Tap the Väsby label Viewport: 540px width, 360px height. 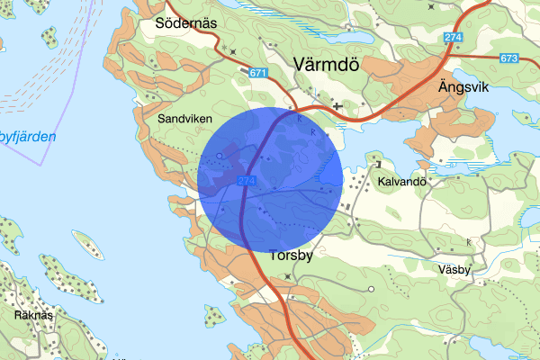click(456, 269)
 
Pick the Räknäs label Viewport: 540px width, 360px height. click(33, 316)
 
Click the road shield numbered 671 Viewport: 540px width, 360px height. click(259, 72)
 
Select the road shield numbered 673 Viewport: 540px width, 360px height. click(508, 58)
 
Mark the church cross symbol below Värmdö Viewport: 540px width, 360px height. click(337, 106)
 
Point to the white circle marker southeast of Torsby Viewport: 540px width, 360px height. click(371, 289)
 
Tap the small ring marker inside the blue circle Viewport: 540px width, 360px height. click(220, 157)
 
